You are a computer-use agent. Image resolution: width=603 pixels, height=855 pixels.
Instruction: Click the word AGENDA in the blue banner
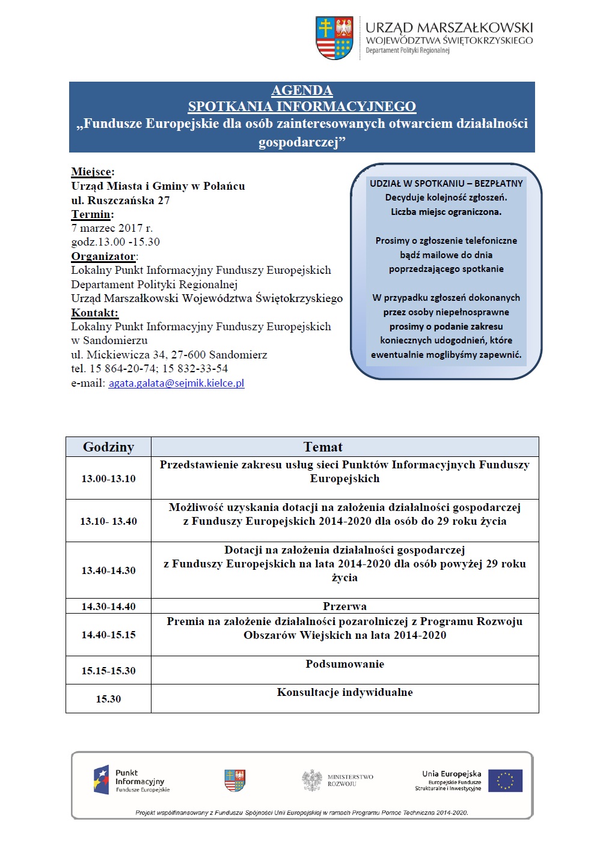(302, 91)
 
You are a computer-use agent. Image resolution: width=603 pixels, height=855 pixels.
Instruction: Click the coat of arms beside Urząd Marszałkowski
(334, 38)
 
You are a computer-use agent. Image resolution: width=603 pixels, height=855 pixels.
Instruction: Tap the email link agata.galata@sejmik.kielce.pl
(176, 383)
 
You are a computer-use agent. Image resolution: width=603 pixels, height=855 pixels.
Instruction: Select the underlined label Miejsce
(91, 172)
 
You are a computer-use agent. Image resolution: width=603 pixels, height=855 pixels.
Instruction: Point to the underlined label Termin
(91, 214)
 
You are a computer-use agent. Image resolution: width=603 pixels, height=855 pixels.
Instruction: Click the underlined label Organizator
(103, 256)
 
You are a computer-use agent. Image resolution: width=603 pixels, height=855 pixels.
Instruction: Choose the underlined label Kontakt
(94, 313)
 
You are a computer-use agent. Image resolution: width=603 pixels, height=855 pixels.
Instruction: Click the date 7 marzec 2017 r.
(112, 228)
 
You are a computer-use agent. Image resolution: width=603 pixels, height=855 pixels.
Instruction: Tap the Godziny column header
(108, 447)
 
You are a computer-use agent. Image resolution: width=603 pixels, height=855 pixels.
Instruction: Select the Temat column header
(323, 447)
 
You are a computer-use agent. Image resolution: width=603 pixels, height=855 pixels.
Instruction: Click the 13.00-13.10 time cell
(108, 479)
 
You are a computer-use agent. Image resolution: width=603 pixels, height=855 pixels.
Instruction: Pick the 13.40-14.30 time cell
(108, 570)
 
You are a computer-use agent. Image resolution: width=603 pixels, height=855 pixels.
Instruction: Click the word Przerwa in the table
(344, 606)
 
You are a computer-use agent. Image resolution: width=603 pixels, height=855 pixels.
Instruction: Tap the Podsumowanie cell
(344, 664)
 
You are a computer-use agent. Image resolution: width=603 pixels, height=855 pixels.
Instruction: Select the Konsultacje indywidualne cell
(344, 692)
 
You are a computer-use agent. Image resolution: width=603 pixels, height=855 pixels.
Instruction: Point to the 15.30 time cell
(108, 699)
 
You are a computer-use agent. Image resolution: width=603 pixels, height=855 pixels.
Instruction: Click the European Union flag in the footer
(505, 781)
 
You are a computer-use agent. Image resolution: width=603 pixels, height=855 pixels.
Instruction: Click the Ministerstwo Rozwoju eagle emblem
(312, 780)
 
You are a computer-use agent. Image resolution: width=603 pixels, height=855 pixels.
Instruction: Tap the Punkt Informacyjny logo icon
(101, 780)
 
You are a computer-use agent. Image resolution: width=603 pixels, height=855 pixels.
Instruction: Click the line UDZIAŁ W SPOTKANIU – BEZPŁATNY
(446, 183)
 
